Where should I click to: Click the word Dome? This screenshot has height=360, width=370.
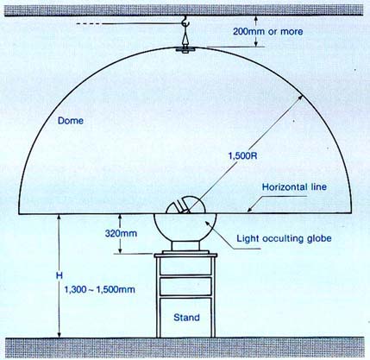click(71, 120)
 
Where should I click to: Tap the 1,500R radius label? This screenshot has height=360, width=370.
click(242, 156)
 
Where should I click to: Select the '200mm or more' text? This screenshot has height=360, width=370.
click(267, 31)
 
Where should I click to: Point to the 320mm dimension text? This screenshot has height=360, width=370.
click(121, 233)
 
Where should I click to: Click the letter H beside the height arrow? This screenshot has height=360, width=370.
click(60, 275)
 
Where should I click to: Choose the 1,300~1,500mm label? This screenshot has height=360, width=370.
click(99, 289)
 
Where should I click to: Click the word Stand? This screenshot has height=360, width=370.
click(186, 318)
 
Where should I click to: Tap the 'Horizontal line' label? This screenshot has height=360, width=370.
click(294, 187)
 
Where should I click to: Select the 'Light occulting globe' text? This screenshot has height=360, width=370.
click(284, 238)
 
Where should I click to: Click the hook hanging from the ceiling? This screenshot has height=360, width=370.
click(185, 22)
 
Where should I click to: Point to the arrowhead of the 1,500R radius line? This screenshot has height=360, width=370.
click(300, 98)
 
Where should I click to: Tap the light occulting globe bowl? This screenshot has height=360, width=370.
click(185, 227)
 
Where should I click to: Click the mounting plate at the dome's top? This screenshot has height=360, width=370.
click(185, 49)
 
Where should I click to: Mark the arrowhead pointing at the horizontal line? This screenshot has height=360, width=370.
click(250, 210)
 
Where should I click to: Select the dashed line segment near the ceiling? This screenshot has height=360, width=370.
click(89, 24)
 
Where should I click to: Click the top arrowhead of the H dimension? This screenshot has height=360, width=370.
click(60, 218)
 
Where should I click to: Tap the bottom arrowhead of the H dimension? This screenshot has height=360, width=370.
click(60, 334)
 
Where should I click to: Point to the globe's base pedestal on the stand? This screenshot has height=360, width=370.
click(185, 246)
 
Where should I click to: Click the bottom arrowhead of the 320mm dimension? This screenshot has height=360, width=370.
click(121, 250)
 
